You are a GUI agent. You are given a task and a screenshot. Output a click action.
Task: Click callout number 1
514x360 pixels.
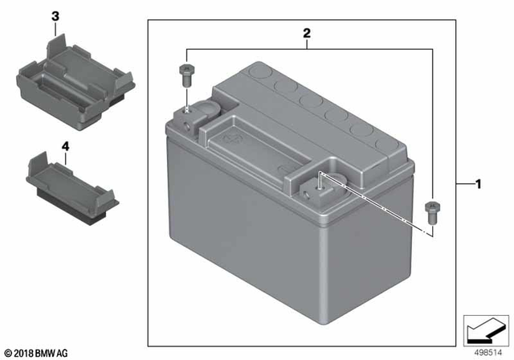(x=479, y=186)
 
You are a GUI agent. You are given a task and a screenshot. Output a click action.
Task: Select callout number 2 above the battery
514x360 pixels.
(x=306, y=34)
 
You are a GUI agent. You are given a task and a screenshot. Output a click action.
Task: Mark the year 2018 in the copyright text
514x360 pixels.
(x=26, y=354)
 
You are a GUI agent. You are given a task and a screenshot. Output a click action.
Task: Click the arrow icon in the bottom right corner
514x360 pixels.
(x=486, y=329)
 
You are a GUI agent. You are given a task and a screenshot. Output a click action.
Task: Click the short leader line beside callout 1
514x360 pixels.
(x=463, y=186)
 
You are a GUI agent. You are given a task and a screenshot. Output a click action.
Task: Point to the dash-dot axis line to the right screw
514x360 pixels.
(x=377, y=205)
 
